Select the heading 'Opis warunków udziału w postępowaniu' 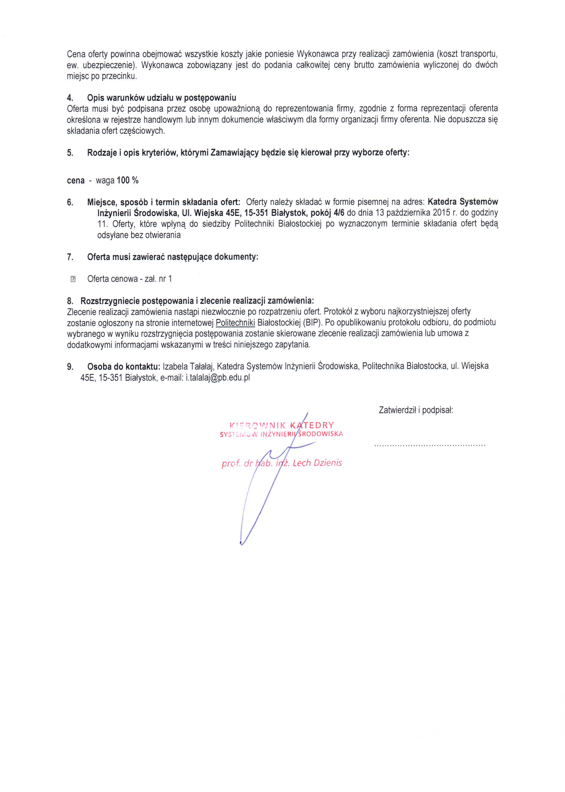coord(161,97)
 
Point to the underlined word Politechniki coord(235,322)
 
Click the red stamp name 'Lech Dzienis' coord(317,463)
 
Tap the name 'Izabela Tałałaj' coord(188,366)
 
